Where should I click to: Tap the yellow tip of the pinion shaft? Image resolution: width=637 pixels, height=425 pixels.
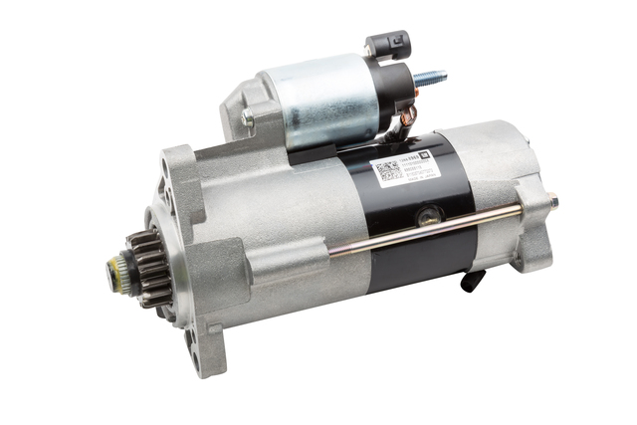click(x=114, y=267)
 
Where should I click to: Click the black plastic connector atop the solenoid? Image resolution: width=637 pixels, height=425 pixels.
click(x=387, y=44)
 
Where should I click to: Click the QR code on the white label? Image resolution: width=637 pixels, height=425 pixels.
click(x=387, y=171)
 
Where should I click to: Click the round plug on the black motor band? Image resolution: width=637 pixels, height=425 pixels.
click(x=429, y=213)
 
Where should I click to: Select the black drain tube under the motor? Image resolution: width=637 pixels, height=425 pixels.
click(x=476, y=280)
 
